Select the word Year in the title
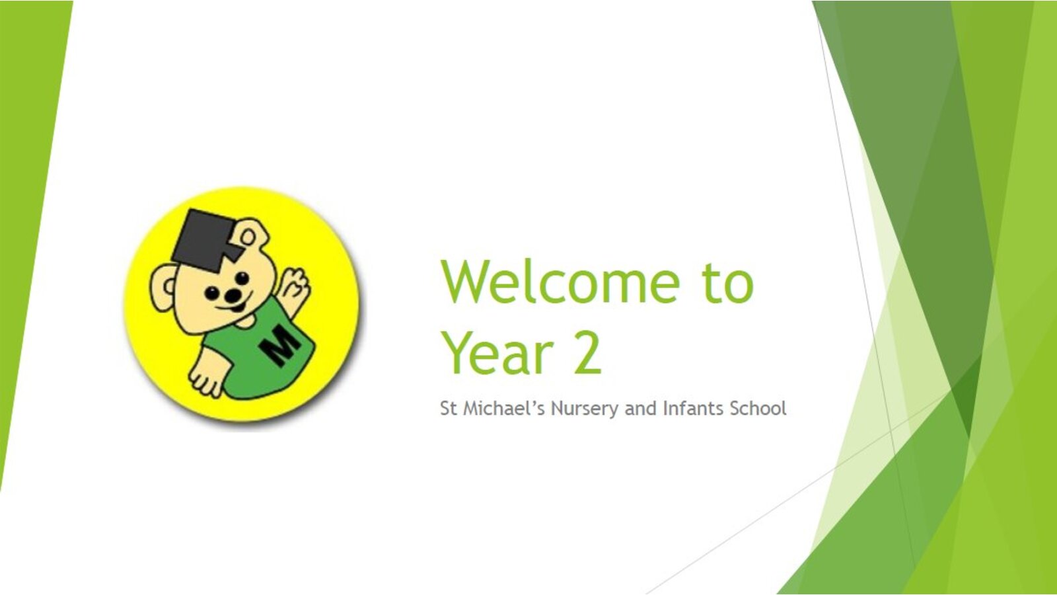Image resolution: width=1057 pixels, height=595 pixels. [498, 353]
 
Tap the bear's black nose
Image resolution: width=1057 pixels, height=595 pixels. [232, 296]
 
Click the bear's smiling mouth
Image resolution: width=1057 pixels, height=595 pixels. [235, 307]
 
